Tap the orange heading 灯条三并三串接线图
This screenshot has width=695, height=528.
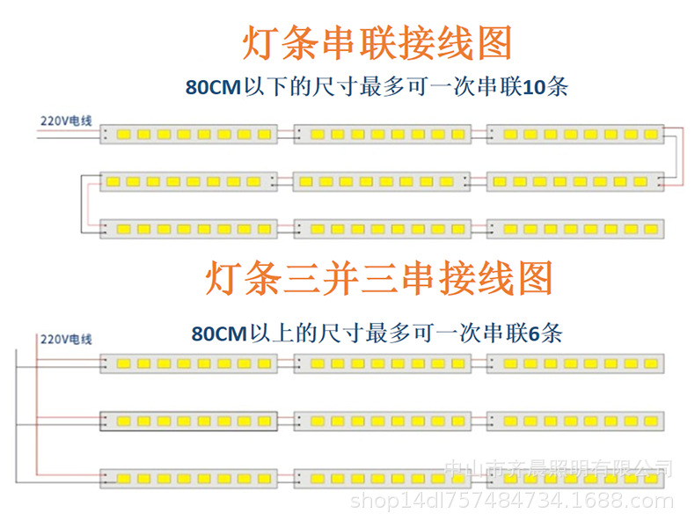379,277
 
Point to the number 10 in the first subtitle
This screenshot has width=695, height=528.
534,88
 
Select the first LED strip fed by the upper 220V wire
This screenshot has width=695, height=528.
189,135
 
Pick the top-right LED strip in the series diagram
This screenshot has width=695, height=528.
575,134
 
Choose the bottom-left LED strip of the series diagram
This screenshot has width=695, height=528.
190,228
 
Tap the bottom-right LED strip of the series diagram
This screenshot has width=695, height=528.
575,228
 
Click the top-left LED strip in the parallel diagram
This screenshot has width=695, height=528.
189,363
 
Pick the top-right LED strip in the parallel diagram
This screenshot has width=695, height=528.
575,363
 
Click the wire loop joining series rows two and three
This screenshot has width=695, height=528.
84,203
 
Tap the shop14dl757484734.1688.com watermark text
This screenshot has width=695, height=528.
511,502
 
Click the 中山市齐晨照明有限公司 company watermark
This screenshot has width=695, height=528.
558,469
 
